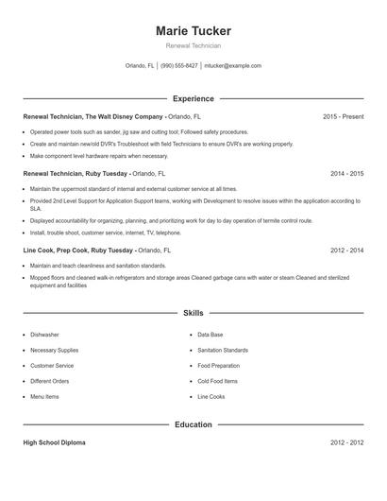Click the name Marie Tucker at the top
[x=193, y=31]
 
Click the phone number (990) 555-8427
[x=179, y=66]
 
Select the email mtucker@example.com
[x=233, y=66]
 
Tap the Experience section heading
[x=193, y=98]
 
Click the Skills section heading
[x=193, y=312]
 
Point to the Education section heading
[x=193, y=424]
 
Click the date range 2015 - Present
[x=343, y=116]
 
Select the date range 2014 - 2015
[x=346, y=174]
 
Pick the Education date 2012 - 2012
[x=346, y=442]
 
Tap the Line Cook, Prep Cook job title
[x=77, y=250]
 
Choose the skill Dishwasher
[x=44, y=335]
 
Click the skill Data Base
[x=210, y=335]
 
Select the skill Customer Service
[x=52, y=365]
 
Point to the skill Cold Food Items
[x=217, y=380]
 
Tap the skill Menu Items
[x=45, y=396]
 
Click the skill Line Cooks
[x=211, y=396]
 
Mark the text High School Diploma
[x=54, y=442]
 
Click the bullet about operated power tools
[x=139, y=132]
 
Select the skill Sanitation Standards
[x=223, y=350]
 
